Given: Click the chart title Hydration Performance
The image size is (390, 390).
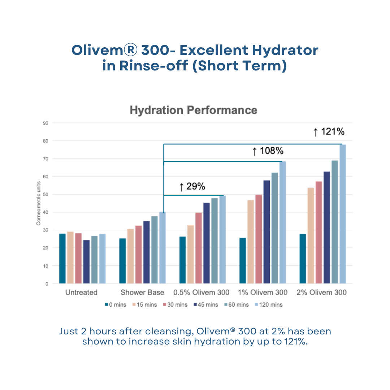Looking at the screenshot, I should click(193, 110).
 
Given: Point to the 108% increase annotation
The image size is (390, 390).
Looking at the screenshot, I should click(268, 151).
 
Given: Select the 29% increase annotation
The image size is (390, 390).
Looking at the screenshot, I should click(192, 186).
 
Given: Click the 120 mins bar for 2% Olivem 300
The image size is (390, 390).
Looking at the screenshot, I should click(342, 214).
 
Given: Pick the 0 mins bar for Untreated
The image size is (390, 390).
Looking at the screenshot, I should click(62, 259).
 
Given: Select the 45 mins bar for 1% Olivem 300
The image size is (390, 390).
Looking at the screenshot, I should click(266, 232).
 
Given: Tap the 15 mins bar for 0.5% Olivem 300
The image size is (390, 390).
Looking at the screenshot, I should click(191, 254).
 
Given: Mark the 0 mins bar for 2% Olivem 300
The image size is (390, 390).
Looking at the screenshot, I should click(303, 259).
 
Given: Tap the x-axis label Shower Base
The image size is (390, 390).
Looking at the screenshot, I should click(142, 292).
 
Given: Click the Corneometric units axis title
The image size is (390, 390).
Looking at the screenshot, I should click(38, 204).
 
